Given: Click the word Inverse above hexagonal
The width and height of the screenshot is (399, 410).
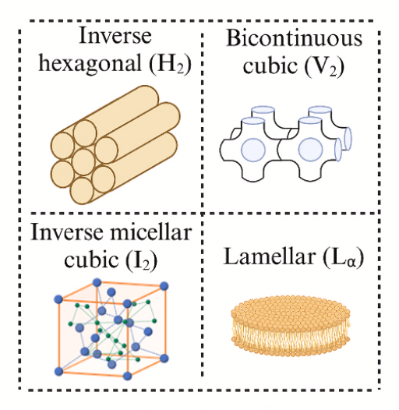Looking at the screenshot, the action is click(x=115, y=35).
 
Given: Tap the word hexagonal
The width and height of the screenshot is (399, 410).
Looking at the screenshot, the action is click(x=90, y=64).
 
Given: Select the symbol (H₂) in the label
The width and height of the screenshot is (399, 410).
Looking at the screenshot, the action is click(x=170, y=64).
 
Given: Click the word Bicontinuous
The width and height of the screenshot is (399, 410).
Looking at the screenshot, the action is click(x=294, y=38).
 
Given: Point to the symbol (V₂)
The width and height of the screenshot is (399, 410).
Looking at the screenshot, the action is click(x=324, y=65).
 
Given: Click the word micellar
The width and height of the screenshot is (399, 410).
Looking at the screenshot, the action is click(x=151, y=232).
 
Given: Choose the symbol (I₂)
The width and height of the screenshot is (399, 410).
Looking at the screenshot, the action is click(x=141, y=260).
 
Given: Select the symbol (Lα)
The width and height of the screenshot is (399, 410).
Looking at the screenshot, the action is click(x=343, y=257).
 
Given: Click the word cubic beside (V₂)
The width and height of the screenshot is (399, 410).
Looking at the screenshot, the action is click(x=270, y=65).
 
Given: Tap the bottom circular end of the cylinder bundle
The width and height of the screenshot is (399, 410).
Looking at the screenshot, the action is click(x=82, y=191).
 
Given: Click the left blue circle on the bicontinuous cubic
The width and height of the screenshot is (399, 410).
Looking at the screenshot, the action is click(x=253, y=150).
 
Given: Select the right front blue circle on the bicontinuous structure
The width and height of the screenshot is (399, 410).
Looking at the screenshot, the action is click(x=310, y=150).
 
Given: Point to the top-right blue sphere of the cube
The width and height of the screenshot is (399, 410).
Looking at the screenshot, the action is click(x=164, y=286).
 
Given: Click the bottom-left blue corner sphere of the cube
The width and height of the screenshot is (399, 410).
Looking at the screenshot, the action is click(x=58, y=371).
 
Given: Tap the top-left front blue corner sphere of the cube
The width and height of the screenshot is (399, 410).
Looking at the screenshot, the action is click(x=58, y=299).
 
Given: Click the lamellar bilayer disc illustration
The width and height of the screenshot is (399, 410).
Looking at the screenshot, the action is click(x=291, y=327).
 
